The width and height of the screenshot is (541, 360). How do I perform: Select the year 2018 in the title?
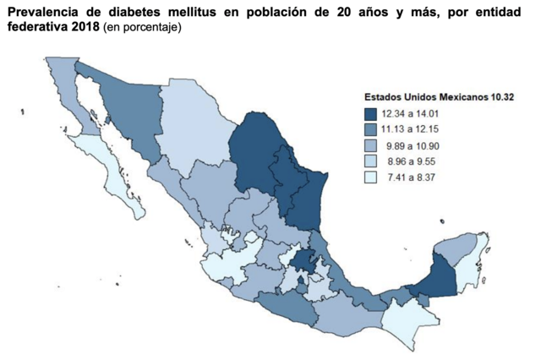[83, 27]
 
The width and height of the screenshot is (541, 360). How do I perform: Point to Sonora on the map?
[127, 110]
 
